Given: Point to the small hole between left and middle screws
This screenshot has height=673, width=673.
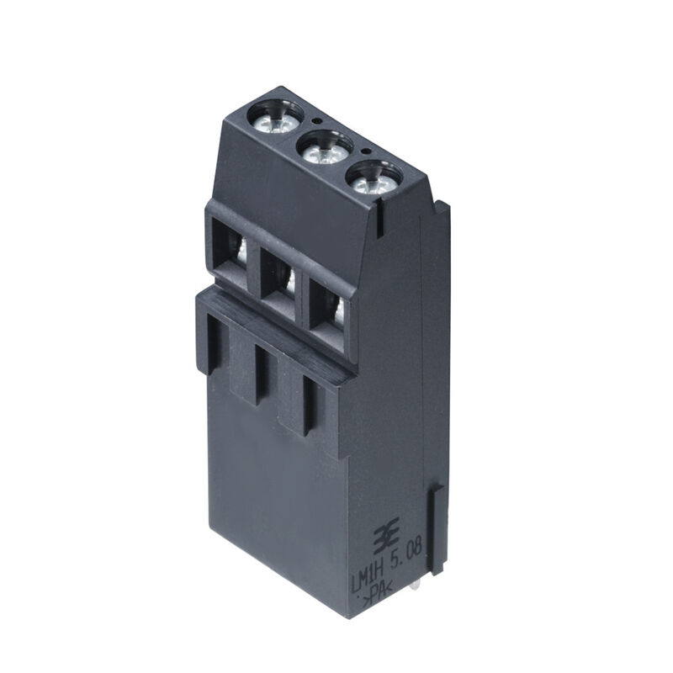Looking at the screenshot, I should (313, 121).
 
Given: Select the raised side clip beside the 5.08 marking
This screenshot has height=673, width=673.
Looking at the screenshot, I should (437, 530).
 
